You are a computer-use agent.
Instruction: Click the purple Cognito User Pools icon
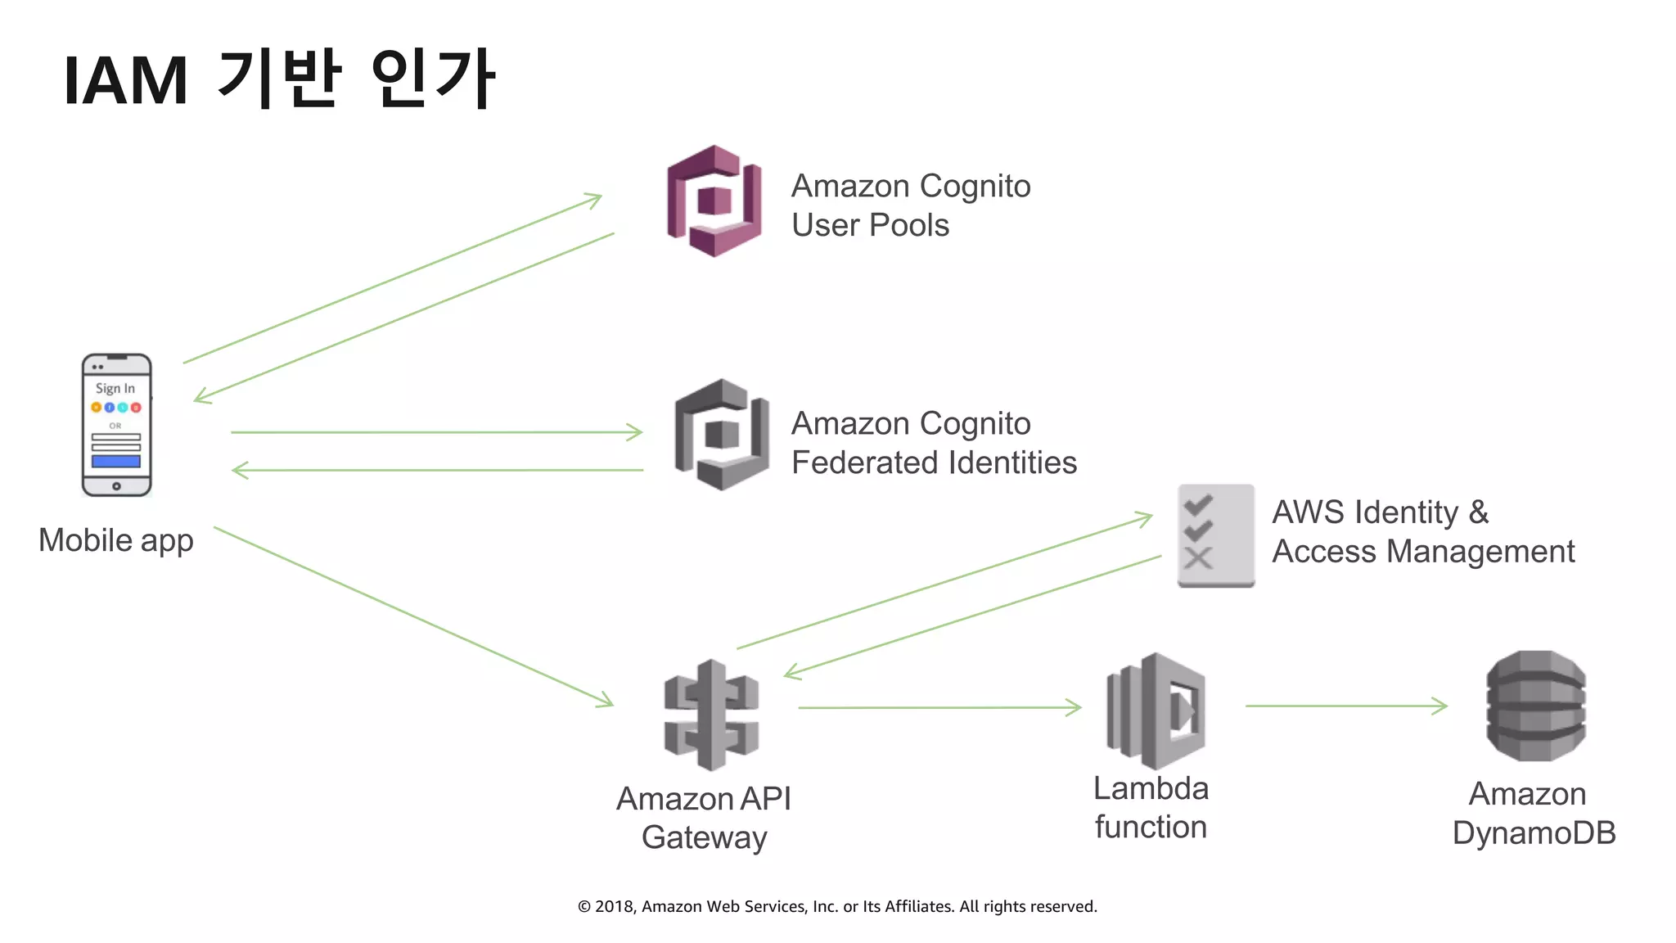pos(714,201)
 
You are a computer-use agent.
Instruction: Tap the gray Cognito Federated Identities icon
pos(721,435)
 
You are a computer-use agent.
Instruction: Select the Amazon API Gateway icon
pos(711,715)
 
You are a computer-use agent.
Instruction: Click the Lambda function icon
pos(1156,710)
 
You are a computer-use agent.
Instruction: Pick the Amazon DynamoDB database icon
pos(1535,706)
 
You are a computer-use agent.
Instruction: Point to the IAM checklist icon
pos(1215,535)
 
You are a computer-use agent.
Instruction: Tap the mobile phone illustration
pos(116,425)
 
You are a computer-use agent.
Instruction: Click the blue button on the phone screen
pos(116,462)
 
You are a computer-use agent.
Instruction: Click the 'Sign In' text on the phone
pos(115,388)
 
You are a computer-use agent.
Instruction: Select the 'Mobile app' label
pos(116,540)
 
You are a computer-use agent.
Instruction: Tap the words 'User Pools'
pos(870,225)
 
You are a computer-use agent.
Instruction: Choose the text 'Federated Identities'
pos(934,462)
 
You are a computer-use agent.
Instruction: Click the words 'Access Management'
pos(1422,551)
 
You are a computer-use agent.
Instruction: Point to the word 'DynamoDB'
pos(1534,832)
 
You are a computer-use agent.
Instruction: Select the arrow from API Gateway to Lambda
pos(939,707)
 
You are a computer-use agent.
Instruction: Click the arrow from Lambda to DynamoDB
pos(1345,706)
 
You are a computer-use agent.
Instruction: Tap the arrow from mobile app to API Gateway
pos(413,616)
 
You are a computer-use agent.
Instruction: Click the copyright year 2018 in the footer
pos(614,906)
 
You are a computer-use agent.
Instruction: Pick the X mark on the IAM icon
pos(1198,559)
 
